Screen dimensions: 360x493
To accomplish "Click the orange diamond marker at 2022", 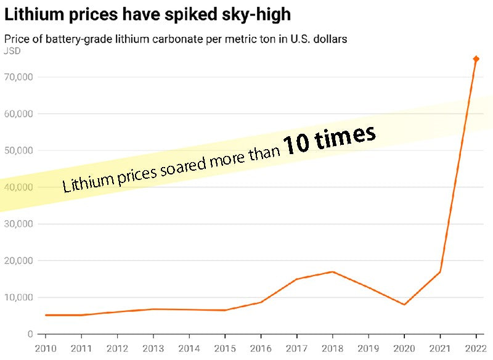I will coord(476,59).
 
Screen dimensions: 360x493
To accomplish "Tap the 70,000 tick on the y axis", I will coord(19,77).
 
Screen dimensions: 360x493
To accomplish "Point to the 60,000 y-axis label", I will coord(19,114).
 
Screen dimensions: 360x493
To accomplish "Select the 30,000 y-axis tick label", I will coord(19,224).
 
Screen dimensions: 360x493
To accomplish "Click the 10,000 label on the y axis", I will coord(19,297).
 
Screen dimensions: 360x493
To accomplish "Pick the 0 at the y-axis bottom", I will coord(30,334).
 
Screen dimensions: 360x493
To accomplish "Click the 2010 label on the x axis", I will coord(45,349).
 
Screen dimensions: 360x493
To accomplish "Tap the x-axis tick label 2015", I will coord(224,349).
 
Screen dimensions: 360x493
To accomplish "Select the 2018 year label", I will coord(332,349).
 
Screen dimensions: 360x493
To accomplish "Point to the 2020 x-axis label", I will coord(404,349).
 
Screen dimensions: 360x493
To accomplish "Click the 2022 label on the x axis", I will coord(476,349).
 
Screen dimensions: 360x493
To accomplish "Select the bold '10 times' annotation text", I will coord(329,139).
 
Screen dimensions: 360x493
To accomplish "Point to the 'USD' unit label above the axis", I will coord(12,51).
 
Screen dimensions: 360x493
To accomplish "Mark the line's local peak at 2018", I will coord(332,272).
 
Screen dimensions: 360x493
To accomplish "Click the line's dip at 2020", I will coord(404,305).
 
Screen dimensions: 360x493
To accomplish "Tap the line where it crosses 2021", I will coord(440,272).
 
